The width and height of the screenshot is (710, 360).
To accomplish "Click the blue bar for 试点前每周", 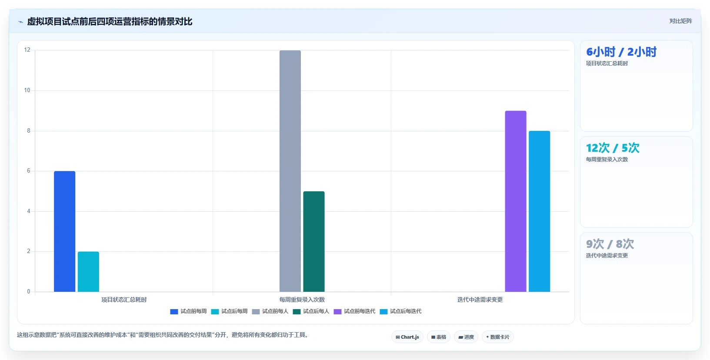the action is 65,231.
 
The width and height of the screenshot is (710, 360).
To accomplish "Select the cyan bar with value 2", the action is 88,272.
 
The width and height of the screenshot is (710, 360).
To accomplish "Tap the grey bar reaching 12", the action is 290,171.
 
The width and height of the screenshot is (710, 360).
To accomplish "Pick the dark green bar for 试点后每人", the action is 314,241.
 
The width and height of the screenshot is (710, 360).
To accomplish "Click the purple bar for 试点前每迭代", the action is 516,201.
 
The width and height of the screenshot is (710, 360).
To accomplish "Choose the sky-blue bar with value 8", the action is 540,211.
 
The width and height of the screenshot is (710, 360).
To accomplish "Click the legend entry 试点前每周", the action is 188,311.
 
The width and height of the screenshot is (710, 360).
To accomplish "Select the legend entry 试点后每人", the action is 311,311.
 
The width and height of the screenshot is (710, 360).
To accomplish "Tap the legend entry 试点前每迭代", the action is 354,311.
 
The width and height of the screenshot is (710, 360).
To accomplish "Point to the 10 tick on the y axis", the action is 27,90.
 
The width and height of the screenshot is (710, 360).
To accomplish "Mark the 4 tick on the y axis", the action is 29,211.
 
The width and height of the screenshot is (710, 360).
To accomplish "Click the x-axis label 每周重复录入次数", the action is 302,300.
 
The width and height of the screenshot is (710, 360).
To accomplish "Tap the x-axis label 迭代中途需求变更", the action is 480,300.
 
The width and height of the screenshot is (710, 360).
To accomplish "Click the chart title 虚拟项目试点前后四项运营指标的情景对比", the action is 110,22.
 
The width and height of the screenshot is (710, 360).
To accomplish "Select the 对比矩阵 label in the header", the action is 680,21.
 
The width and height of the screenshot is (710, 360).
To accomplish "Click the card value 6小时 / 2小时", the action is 621,52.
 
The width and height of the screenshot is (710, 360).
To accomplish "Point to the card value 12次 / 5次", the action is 613,148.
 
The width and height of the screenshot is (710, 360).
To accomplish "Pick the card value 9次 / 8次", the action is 610,244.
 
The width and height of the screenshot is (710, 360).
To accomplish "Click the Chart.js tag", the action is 407,337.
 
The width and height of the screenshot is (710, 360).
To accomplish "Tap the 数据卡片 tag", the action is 498,337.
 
